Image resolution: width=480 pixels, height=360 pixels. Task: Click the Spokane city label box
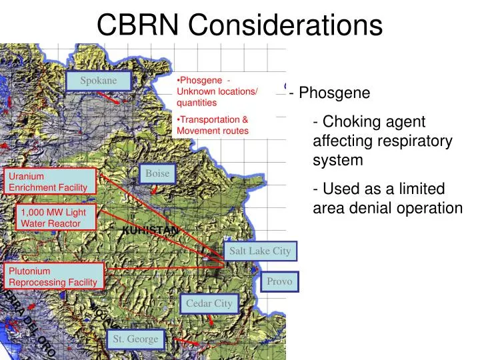click(x=99, y=81)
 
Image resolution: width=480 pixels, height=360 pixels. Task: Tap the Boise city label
click(x=157, y=173)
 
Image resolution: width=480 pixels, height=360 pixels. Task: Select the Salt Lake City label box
click(x=260, y=251)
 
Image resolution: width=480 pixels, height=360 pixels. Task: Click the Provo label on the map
click(x=280, y=281)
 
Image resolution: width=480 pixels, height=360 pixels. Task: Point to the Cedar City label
click(x=209, y=303)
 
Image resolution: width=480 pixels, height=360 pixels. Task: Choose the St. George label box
click(x=135, y=339)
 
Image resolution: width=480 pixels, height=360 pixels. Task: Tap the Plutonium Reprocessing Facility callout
click(x=55, y=277)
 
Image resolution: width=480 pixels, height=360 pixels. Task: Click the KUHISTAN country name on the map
click(x=151, y=230)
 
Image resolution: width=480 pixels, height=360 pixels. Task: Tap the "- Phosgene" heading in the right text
click(x=330, y=93)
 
